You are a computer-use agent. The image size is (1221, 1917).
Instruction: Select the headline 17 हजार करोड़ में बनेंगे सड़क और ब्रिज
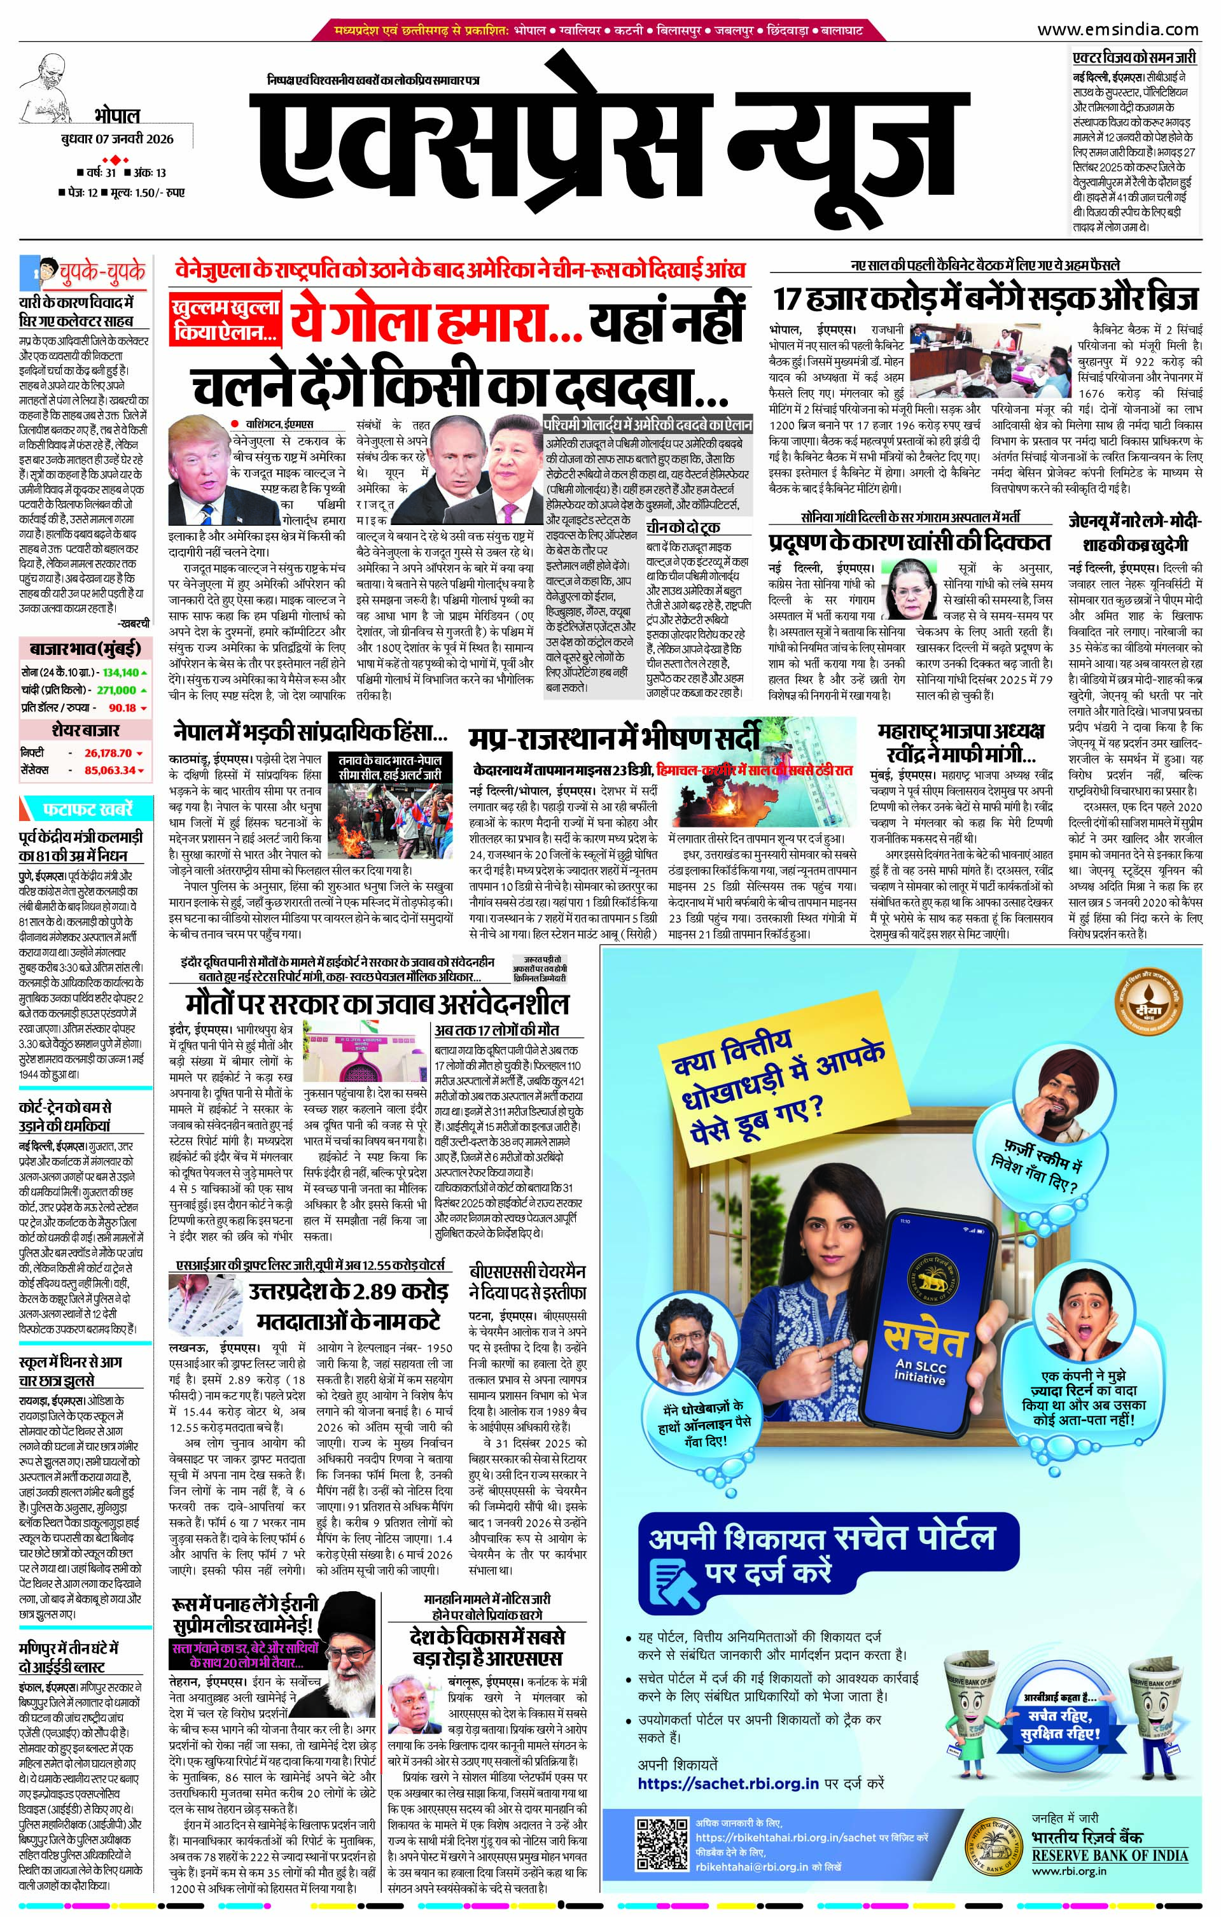986,300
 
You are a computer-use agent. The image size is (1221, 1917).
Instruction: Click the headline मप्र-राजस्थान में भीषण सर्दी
614,738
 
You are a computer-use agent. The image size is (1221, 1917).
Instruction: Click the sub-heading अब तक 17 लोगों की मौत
507,1029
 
